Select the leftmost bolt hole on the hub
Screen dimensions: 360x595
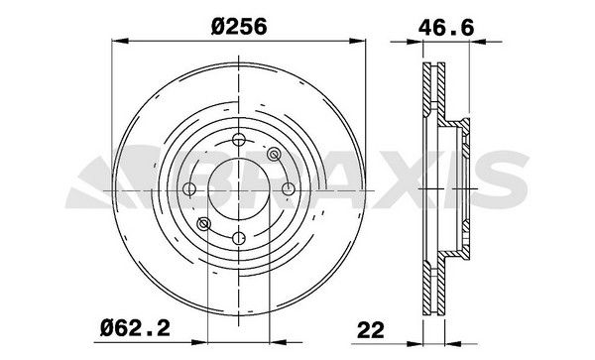(x=189, y=188)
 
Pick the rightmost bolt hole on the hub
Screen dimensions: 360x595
(x=287, y=188)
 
